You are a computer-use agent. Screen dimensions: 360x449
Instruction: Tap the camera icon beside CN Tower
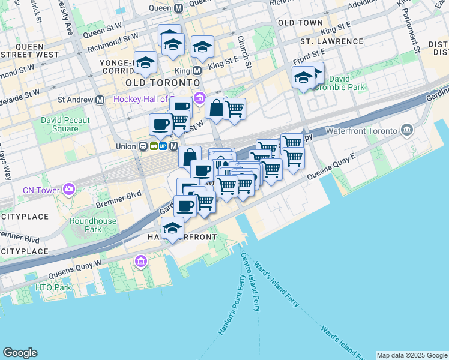[x=69, y=190]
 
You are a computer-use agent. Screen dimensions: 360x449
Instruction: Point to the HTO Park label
[x=53, y=287]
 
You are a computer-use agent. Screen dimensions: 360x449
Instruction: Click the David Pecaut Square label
[x=65, y=124]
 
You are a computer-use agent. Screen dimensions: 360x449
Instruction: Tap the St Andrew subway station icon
[x=105, y=99]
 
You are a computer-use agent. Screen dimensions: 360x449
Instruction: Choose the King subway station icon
[x=197, y=70]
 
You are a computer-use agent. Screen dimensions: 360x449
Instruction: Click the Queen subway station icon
[x=178, y=8]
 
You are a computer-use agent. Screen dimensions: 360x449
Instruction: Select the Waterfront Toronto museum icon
[x=407, y=130]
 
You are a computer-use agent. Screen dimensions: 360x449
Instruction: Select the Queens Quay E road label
[x=332, y=167]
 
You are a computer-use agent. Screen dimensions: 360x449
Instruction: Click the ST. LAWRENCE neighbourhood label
[x=332, y=41]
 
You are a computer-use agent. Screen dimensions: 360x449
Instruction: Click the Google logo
[x=20, y=353]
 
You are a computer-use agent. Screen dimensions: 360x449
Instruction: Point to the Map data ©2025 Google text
[x=411, y=355]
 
